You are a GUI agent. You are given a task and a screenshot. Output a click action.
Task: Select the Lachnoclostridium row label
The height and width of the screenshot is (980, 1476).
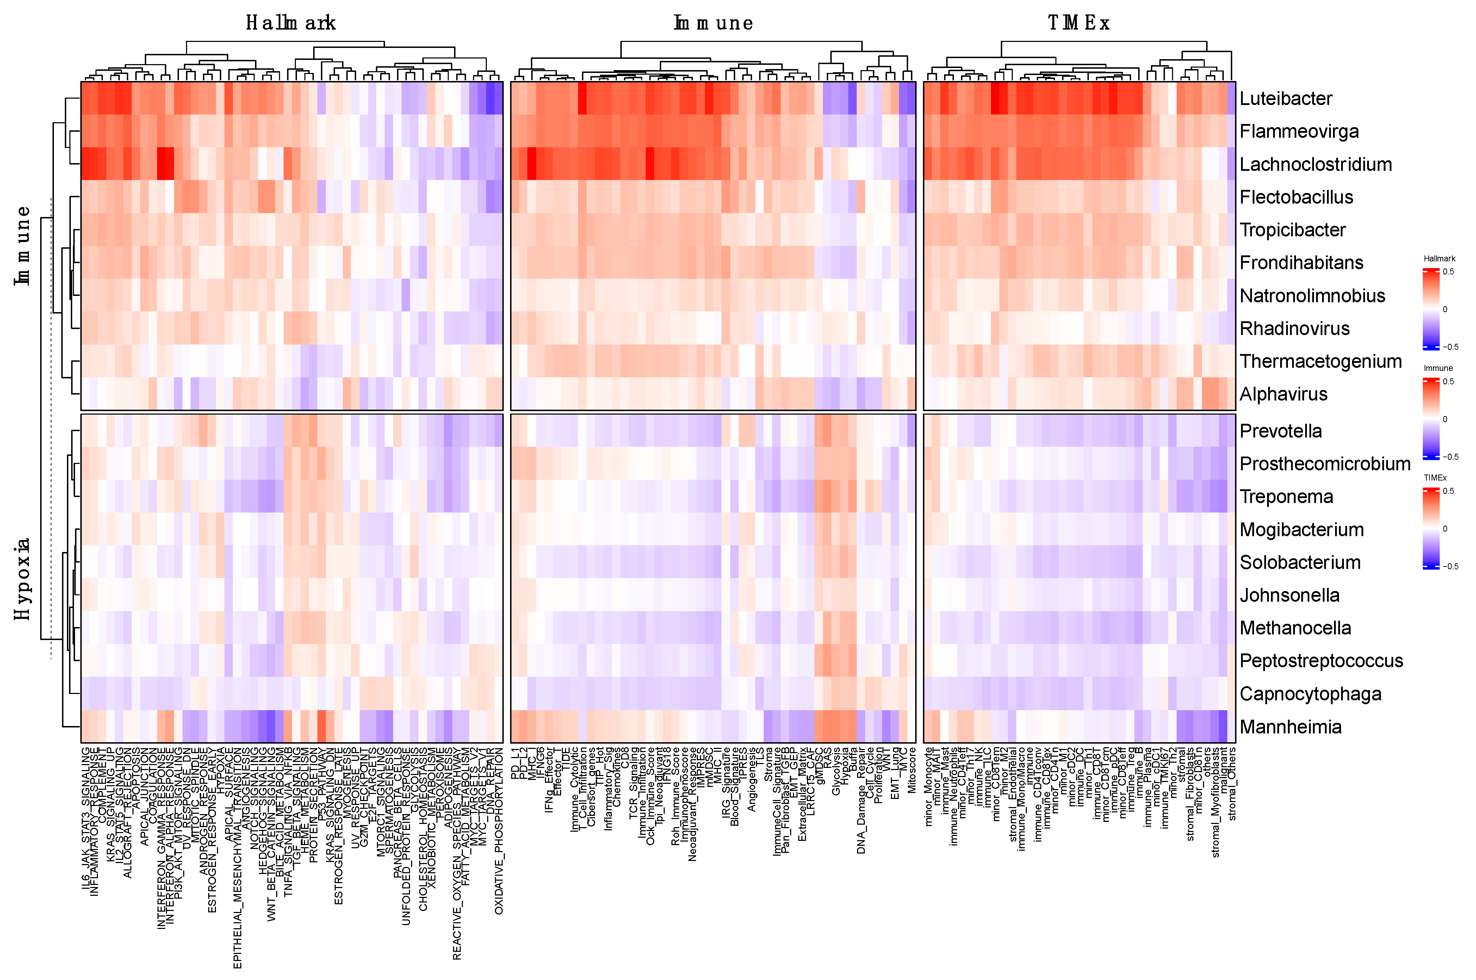click(1315, 165)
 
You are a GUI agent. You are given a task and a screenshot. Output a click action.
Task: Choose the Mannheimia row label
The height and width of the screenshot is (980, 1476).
click(1290, 727)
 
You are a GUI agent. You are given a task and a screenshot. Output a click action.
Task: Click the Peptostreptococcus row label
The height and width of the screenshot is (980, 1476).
click(1321, 661)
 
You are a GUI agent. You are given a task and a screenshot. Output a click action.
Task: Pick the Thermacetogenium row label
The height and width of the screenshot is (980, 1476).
click(1320, 361)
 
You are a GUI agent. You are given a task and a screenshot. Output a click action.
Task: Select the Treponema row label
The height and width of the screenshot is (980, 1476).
click(1286, 497)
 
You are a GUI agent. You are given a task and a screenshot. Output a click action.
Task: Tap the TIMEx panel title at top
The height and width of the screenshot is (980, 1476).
click(1079, 23)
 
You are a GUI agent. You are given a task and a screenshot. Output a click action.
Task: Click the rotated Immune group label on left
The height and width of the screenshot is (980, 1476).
click(23, 246)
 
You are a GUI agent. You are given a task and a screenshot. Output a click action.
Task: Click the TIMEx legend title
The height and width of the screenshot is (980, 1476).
click(1435, 478)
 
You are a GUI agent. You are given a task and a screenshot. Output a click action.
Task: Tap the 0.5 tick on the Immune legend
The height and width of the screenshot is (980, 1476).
click(1448, 381)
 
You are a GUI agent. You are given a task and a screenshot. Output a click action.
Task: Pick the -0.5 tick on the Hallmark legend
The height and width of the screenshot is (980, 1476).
click(1450, 347)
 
